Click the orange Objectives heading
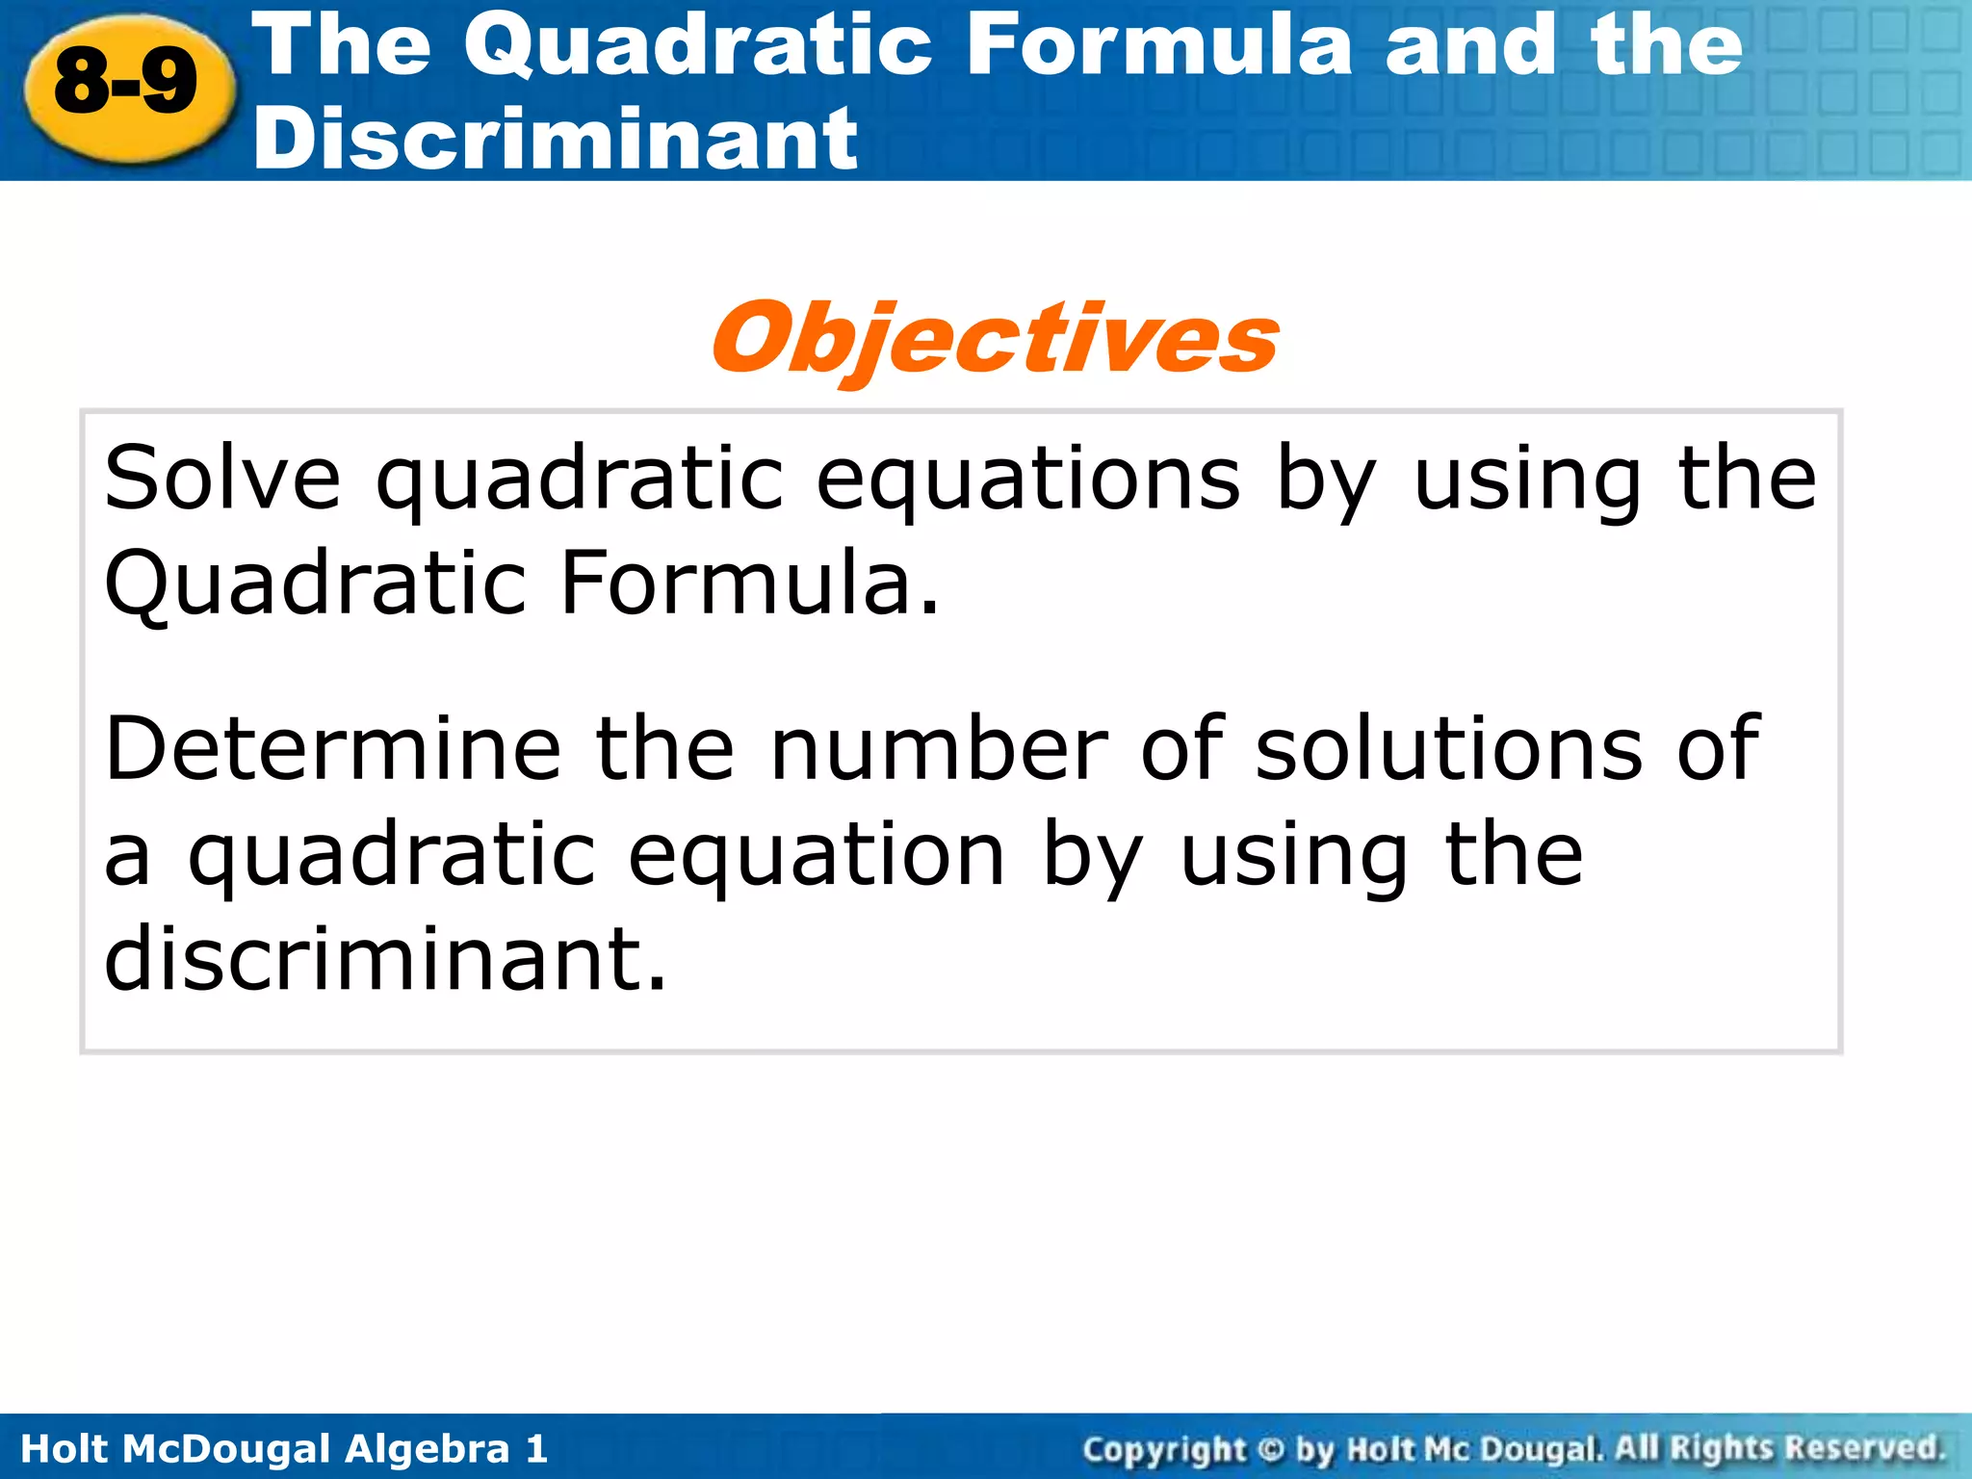[x=995, y=338]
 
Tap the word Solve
[x=222, y=479]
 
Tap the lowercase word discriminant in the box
[x=385, y=957]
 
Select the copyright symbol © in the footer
[x=1271, y=1449]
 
